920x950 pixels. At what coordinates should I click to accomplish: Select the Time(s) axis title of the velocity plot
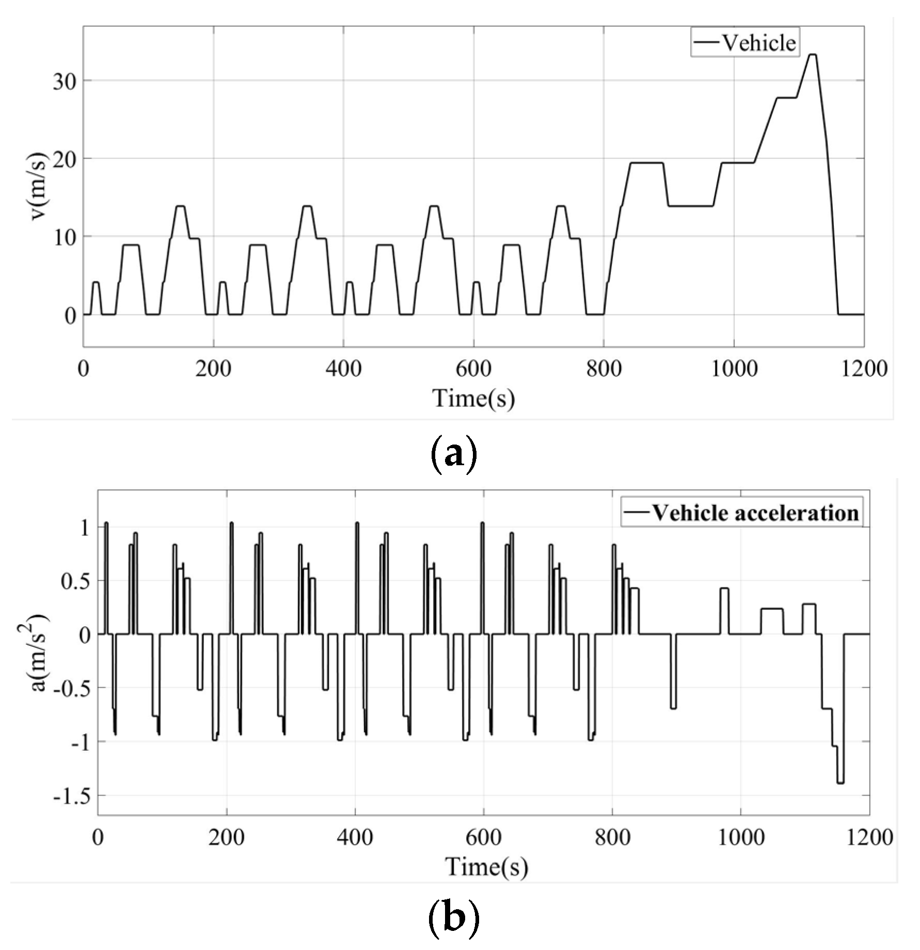coord(473,398)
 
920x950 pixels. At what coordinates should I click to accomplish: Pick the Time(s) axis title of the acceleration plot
coord(486,866)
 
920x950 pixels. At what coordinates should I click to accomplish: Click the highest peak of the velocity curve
coord(812,55)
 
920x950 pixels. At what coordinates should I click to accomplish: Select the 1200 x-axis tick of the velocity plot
coord(864,369)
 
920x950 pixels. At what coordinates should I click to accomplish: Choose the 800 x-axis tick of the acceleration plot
coord(612,836)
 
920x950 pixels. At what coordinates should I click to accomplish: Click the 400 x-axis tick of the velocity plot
coord(343,369)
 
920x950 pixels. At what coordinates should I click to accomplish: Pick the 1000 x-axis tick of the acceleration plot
coord(741,836)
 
